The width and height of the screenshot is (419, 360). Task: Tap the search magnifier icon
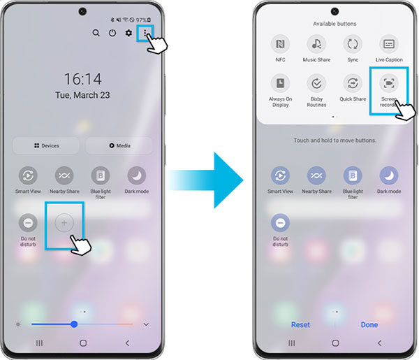tap(96, 33)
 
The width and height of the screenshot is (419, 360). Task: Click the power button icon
tap(112, 33)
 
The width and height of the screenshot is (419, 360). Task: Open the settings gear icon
tap(128, 33)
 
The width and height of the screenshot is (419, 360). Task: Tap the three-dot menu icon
tap(145, 32)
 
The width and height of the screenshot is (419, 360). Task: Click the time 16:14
tap(83, 79)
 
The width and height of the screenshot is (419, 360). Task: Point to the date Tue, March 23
tap(83, 95)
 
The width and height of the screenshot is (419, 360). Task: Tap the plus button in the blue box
tap(64, 223)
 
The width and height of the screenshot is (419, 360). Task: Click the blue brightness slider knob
tap(74, 324)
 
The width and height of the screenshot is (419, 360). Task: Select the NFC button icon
tap(280, 44)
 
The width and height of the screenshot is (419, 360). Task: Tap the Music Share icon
tap(316, 44)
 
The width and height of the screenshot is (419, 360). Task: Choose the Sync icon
tap(353, 44)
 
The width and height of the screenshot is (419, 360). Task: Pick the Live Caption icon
tap(389, 44)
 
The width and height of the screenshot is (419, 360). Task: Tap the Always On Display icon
tap(280, 83)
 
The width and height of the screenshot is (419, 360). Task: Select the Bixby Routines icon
tap(316, 83)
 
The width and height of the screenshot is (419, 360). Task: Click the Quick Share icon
tap(353, 83)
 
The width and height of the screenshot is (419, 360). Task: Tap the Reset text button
tap(300, 324)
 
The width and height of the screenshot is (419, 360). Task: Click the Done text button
tap(369, 324)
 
